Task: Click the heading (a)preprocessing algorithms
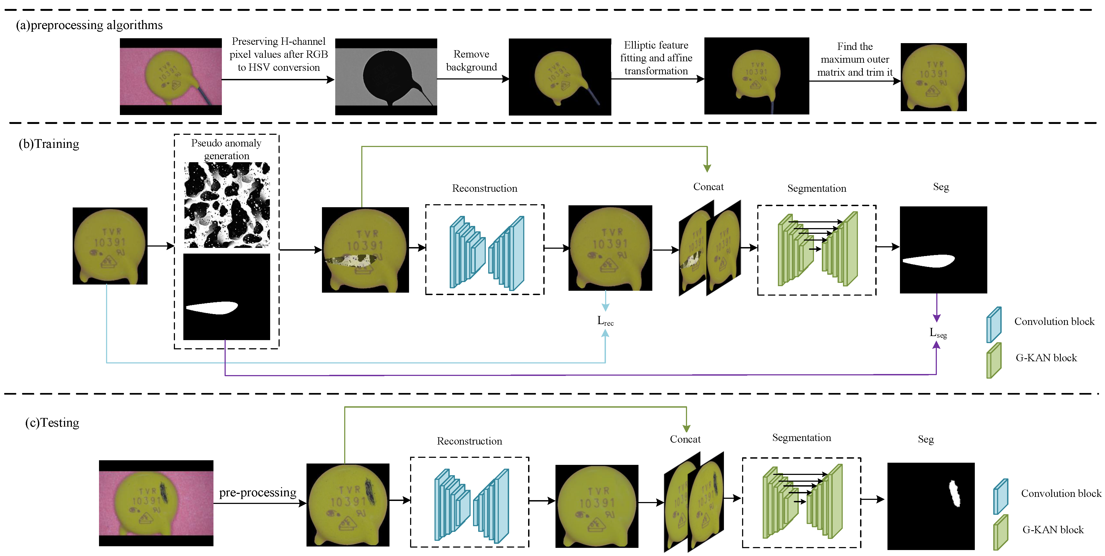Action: (x=89, y=25)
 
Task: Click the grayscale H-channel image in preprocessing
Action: (x=386, y=77)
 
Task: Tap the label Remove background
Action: (x=471, y=60)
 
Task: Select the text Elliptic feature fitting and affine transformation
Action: (x=656, y=58)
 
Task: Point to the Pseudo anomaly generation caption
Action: (x=226, y=149)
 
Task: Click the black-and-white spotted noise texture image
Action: (x=227, y=205)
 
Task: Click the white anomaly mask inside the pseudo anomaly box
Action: (x=212, y=308)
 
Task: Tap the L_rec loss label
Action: (x=605, y=321)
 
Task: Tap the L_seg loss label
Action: (x=938, y=333)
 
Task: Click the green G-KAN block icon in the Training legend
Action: (x=994, y=360)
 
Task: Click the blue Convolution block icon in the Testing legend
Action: (x=1000, y=496)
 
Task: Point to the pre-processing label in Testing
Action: (x=257, y=493)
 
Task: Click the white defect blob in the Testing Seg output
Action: (x=954, y=494)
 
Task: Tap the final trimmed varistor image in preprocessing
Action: (x=933, y=77)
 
